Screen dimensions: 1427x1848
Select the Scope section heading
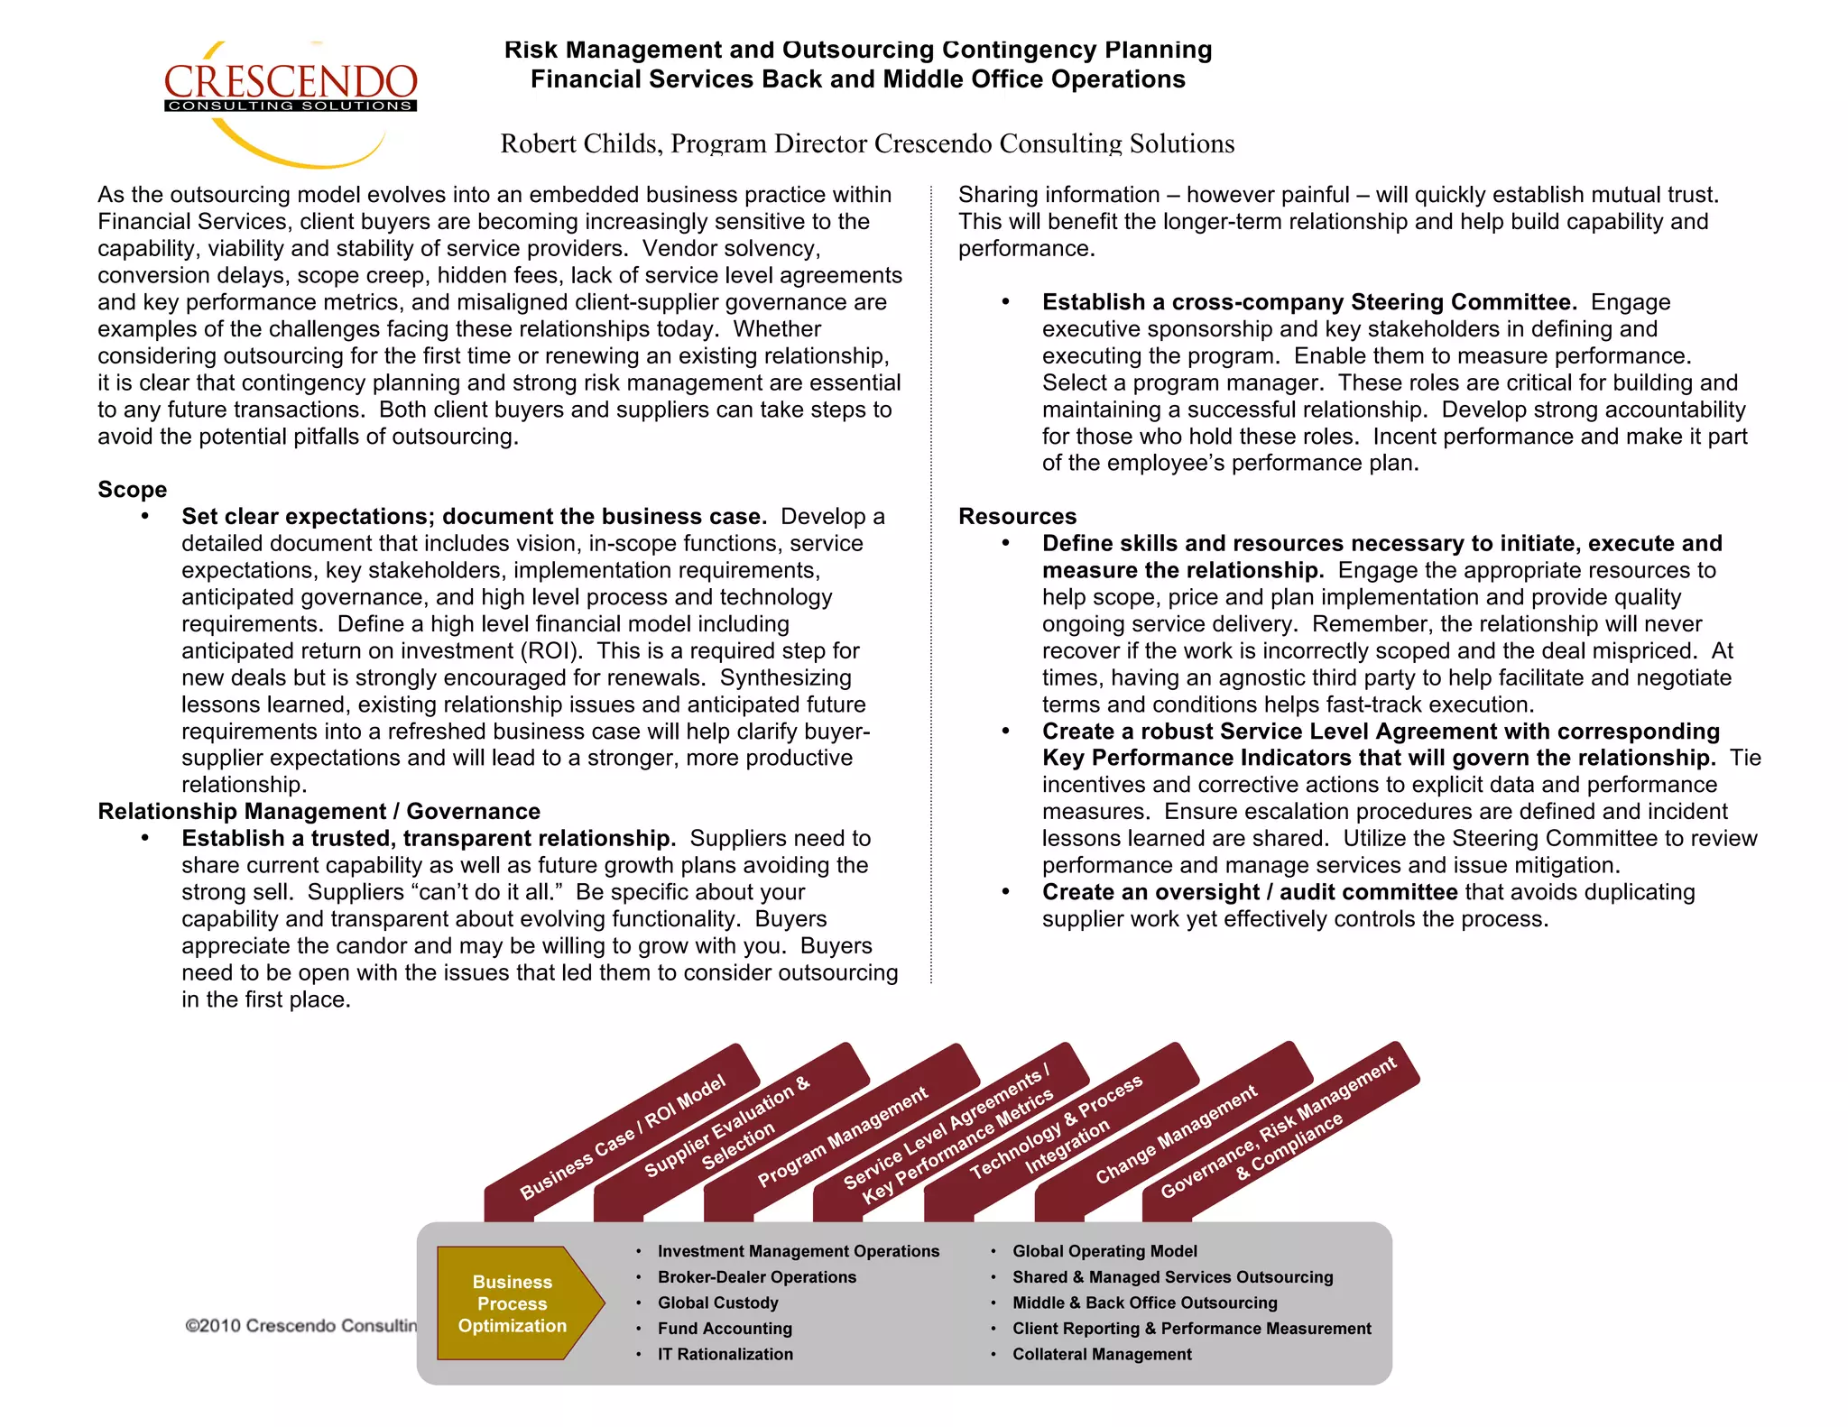click(133, 490)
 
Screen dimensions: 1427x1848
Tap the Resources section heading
click(1017, 517)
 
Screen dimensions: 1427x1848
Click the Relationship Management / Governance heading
click(319, 812)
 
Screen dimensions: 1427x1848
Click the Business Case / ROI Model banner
click(623, 1137)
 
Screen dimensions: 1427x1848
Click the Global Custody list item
click(717, 1303)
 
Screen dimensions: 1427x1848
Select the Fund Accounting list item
click(725, 1329)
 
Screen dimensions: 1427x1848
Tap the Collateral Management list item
click(1101, 1354)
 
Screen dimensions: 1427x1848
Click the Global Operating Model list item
click(1104, 1251)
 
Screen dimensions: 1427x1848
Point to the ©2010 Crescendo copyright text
click(300, 1326)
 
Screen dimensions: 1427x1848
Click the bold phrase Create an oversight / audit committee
click(1249, 892)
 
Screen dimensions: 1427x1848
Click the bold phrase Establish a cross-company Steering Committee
click(1308, 302)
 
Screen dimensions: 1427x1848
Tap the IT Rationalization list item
click(725, 1354)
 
